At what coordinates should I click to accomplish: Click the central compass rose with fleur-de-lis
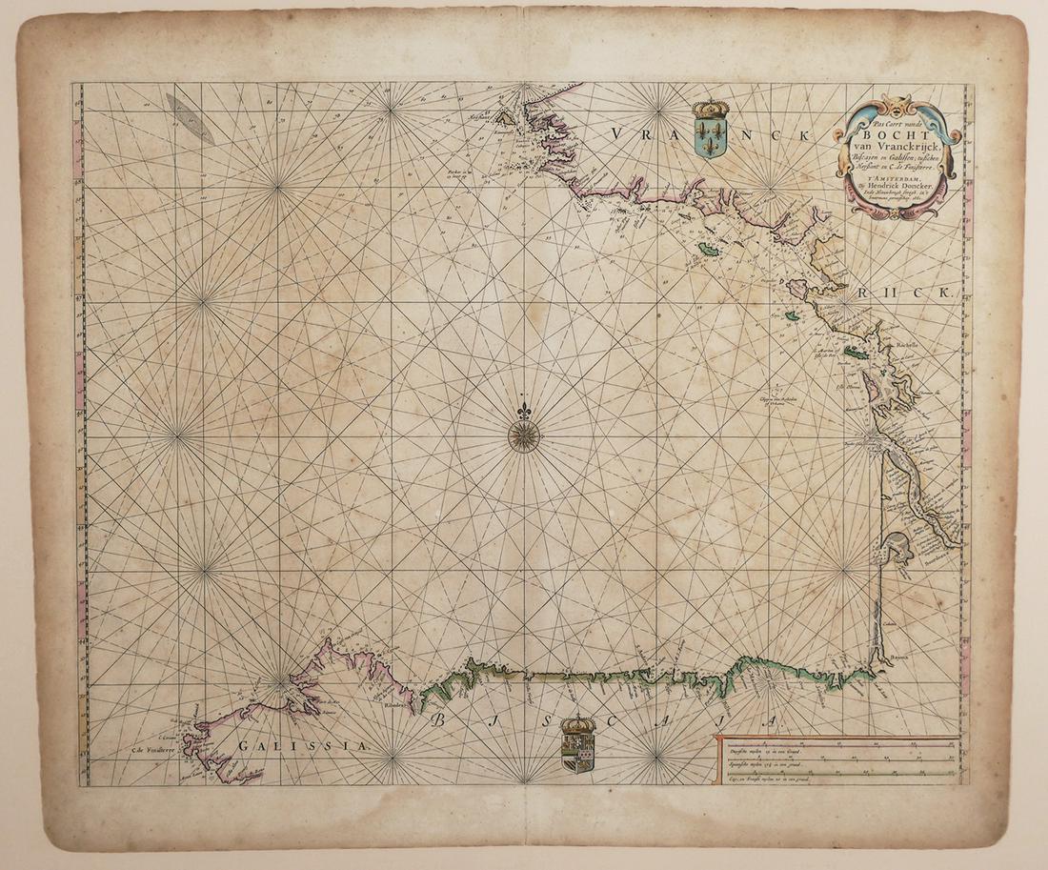tap(524, 434)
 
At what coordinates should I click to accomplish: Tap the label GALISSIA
tap(302, 746)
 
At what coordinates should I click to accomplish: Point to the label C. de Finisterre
tap(155, 750)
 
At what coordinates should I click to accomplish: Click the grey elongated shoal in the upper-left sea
tap(190, 118)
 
